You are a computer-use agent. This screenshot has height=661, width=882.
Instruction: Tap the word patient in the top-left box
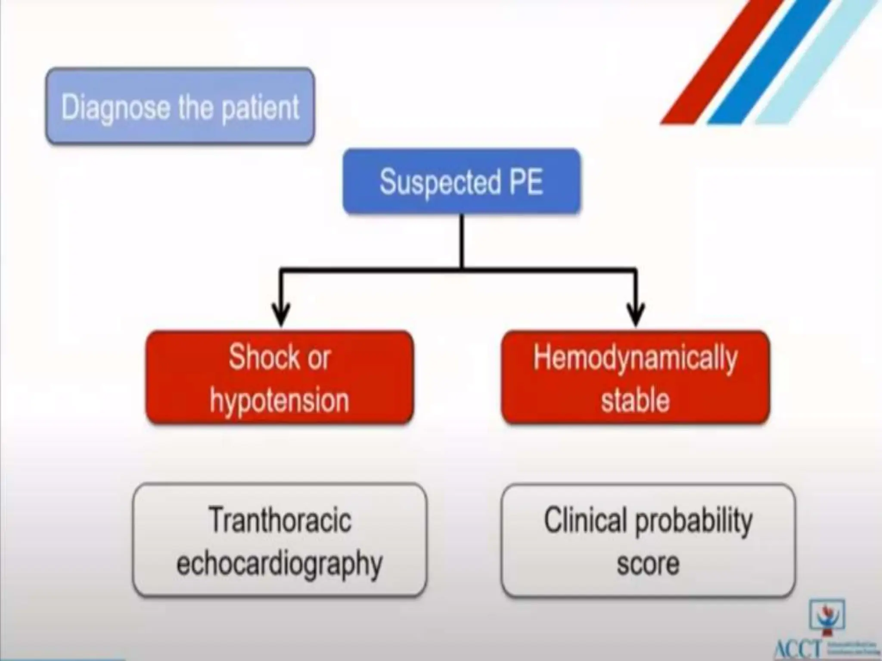(x=260, y=108)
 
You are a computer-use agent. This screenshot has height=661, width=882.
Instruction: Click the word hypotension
(x=280, y=400)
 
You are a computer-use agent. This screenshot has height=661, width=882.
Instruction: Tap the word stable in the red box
(x=635, y=400)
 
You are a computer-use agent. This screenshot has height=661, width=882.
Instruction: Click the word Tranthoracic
(x=280, y=520)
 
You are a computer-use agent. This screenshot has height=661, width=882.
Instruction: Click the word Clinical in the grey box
(x=584, y=520)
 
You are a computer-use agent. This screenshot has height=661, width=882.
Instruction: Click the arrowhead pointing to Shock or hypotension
(x=281, y=316)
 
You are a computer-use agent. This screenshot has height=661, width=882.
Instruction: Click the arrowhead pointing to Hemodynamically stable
(x=636, y=316)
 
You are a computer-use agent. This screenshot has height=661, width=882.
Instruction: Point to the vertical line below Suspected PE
(x=462, y=241)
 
